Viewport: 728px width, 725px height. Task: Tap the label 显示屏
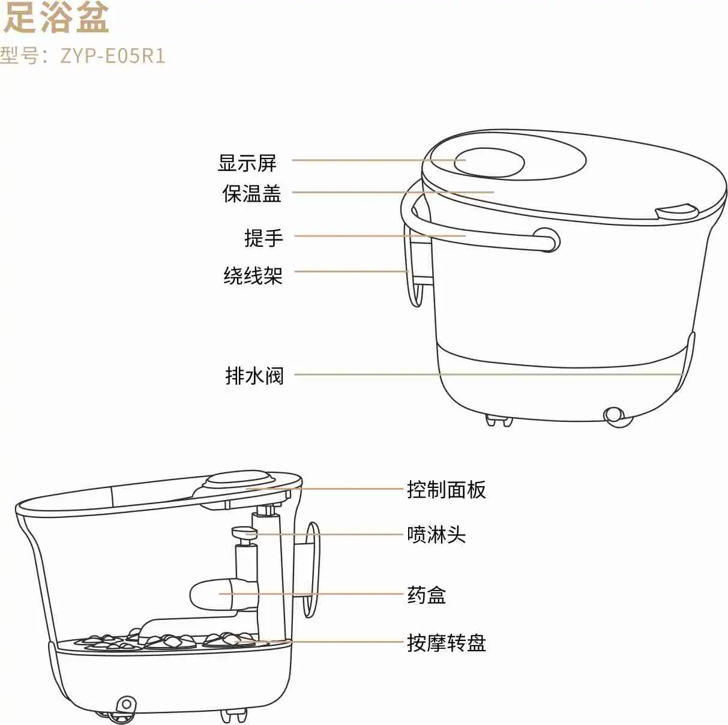247,162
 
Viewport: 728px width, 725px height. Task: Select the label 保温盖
251,193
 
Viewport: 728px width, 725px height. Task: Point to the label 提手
263,238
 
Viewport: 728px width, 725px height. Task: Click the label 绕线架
253,275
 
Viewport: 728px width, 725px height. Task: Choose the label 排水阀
254,376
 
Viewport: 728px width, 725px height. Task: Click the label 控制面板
446,490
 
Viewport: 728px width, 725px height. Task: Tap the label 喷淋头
436,534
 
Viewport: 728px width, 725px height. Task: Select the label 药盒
426,595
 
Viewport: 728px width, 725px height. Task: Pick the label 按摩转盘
446,643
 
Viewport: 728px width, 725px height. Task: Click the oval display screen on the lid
489,162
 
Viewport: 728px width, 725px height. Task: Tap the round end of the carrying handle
546,239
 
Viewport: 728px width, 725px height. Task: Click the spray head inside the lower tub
244,532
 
